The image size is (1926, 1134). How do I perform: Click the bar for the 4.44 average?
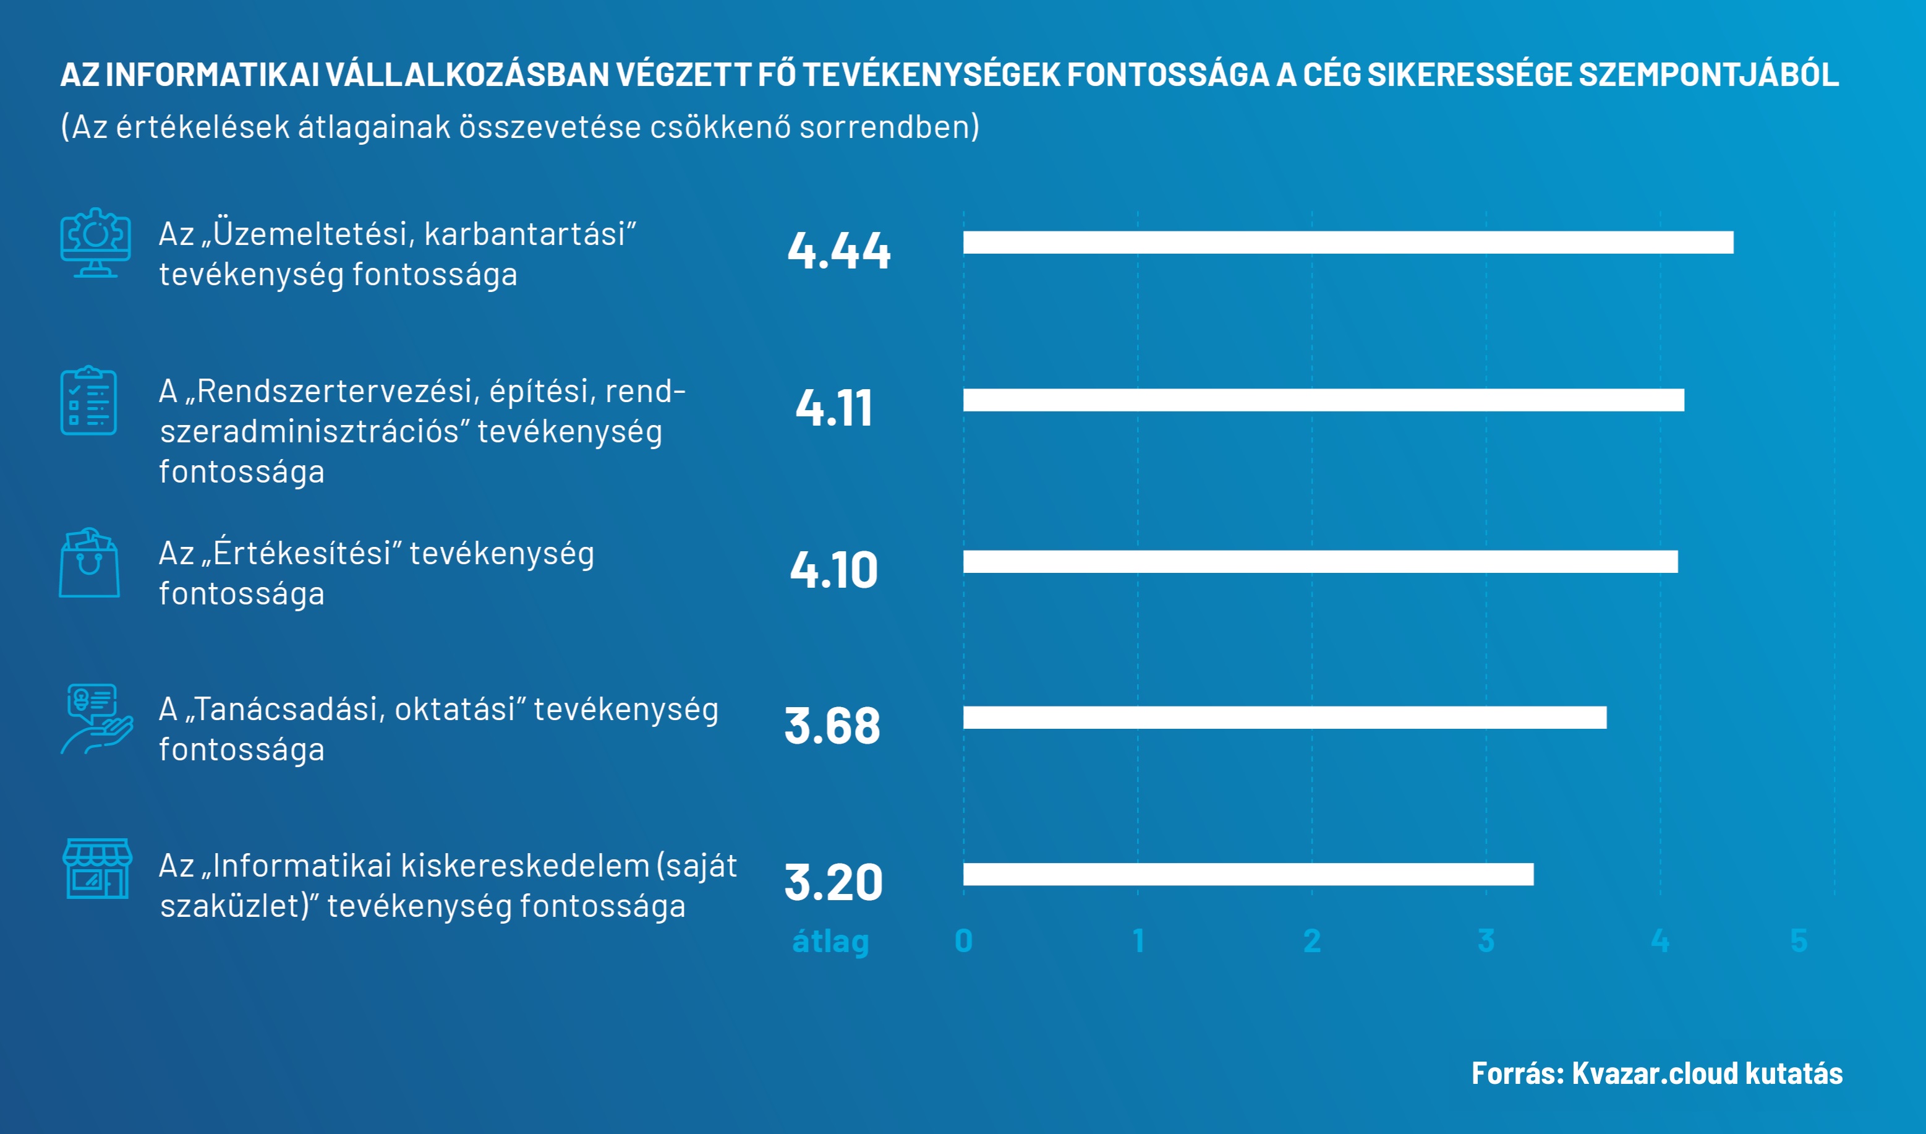[1347, 243]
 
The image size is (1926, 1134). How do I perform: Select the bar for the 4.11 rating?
[1323, 400]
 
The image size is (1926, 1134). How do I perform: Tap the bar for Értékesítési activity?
[1320, 561]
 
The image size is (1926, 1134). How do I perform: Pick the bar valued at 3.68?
[1284, 717]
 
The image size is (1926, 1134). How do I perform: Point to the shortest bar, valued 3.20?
[1248, 874]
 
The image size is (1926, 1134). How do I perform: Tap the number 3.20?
[833, 882]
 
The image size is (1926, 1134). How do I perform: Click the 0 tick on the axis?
[963, 940]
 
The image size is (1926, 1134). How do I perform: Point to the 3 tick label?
[1486, 940]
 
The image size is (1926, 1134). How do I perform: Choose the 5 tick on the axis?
[1799, 940]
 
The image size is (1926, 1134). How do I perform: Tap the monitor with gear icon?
[96, 243]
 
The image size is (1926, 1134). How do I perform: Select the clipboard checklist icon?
[88, 401]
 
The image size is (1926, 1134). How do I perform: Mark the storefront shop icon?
[97, 869]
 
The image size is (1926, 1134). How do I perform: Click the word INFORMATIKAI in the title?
[211, 75]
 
